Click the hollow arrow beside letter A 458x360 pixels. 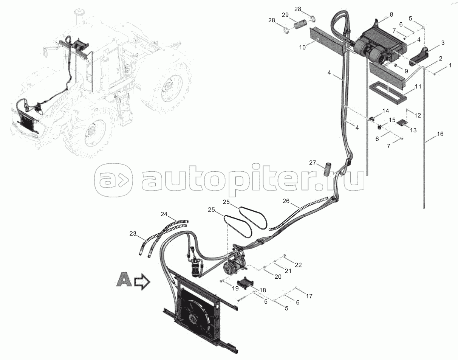[142, 282]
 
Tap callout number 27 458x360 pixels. [312, 163]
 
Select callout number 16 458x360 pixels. [440, 134]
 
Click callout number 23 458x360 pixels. [132, 234]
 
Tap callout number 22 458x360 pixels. [298, 265]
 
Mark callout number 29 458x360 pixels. [285, 15]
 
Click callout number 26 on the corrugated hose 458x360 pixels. [286, 202]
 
